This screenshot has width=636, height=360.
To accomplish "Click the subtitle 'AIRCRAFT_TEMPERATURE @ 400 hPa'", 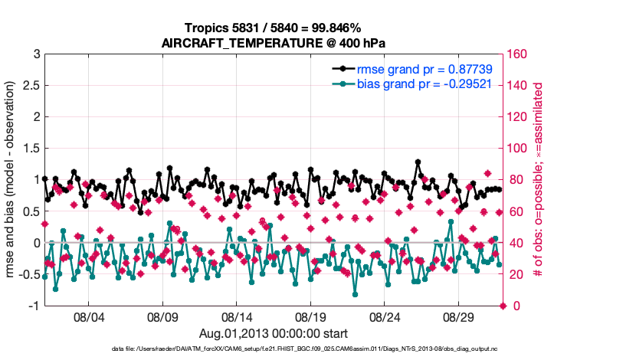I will click(273, 43).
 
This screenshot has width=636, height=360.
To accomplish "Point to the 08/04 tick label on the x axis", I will click(88, 316).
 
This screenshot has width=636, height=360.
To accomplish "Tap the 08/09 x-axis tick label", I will click(162, 316).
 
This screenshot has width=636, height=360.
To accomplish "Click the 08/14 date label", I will click(237, 316).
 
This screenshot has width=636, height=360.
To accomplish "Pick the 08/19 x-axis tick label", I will click(311, 316).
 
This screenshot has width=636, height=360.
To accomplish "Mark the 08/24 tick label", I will click(385, 316).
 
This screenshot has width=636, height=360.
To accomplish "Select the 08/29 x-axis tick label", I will click(460, 316).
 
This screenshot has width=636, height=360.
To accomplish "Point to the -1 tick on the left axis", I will click(33, 306).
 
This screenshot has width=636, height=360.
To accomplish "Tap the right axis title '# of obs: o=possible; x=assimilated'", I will click(539, 180).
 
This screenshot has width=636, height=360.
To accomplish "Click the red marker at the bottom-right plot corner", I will click(503, 306).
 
